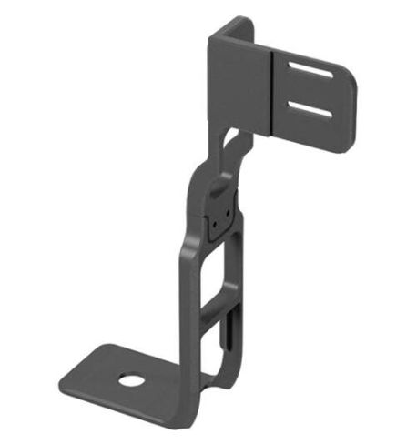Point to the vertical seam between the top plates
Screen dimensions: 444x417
click(x=272, y=91)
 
